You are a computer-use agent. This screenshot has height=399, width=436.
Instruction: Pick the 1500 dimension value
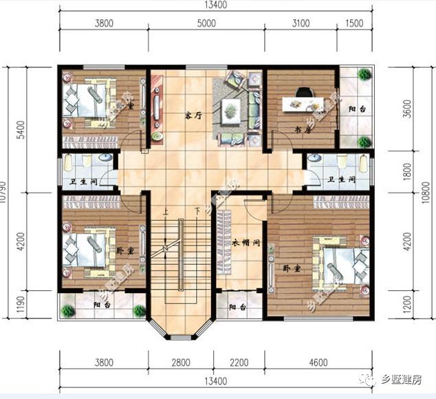(x=354, y=23)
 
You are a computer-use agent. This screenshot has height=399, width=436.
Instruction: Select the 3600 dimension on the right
(x=407, y=109)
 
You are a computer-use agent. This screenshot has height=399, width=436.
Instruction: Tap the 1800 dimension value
(x=407, y=170)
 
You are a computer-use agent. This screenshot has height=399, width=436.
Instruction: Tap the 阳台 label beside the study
(x=356, y=109)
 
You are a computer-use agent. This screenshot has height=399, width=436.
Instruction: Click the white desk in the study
(x=303, y=105)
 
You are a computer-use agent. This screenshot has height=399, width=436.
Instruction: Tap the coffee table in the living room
(x=230, y=108)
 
